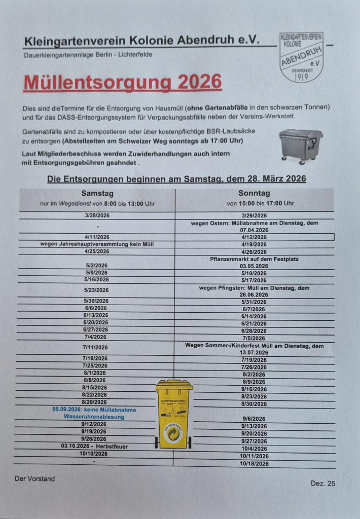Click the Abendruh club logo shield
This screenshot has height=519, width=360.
click(x=302, y=57)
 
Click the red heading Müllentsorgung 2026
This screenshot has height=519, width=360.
click(x=122, y=83)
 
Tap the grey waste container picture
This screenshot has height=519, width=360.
click(x=301, y=145)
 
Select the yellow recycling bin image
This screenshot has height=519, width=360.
click(x=174, y=414)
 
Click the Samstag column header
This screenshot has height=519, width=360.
click(x=97, y=194)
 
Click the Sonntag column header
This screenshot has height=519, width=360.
click(x=254, y=194)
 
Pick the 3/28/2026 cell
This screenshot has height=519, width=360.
click(x=97, y=215)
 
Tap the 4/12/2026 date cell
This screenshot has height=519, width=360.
click(x=254, y=237)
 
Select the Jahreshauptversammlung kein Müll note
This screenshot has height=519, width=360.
click(x=97, y=244)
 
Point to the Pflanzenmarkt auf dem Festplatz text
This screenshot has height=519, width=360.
click(x=254, y=259)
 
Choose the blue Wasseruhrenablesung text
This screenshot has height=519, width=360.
click(x=94, y=417)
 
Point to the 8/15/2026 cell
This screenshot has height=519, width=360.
click(x=95, y=387)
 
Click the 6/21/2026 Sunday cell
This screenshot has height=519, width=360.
click(x=254, y=323)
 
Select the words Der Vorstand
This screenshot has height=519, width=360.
click(x=34, y=478)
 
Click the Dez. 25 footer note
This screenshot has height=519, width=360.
click(x=322, y=484)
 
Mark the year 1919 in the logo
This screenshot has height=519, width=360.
click(x=302, y=78)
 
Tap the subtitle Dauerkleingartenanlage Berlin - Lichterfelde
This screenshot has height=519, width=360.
click(x=88, y=54)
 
